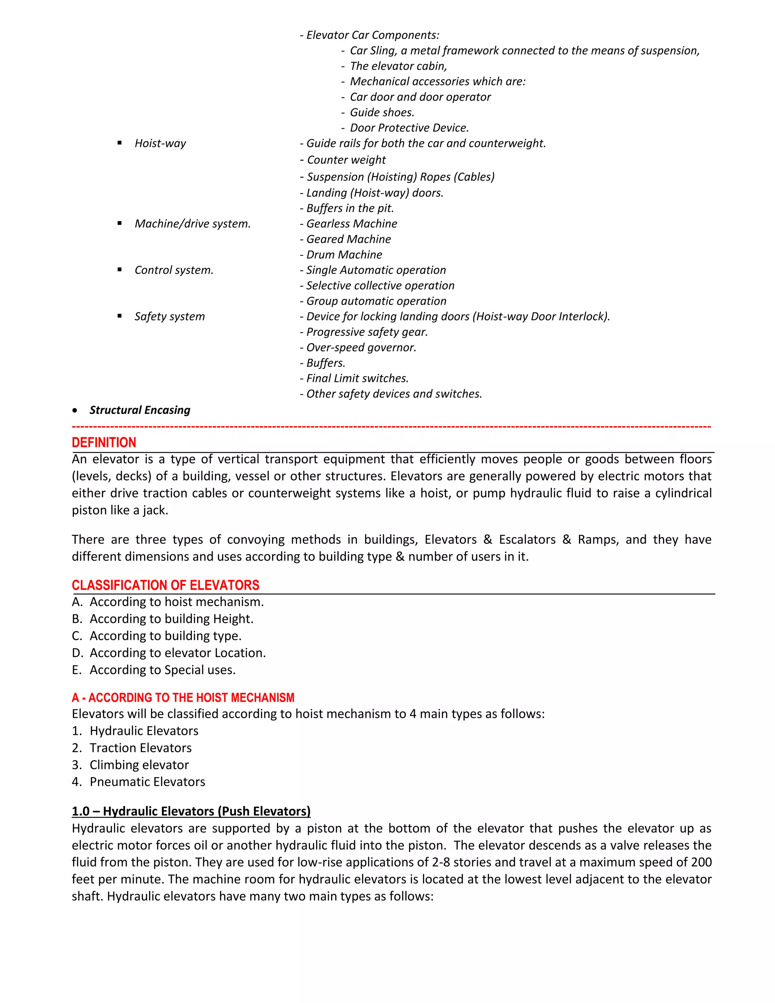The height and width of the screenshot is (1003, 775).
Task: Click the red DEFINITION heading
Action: [x=104, y=443]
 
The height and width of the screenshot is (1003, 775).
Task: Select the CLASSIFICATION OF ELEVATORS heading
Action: [x=165, y=585]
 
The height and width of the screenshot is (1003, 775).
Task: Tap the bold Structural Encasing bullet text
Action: [x=140, y=410]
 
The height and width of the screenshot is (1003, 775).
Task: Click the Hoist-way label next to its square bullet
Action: [x=160, y=143]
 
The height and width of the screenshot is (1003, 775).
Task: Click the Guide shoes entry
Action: [x=381, y=112]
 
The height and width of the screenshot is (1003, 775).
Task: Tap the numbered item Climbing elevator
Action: [x=139, y=765]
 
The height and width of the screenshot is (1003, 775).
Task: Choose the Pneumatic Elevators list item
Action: [x=147, y=782]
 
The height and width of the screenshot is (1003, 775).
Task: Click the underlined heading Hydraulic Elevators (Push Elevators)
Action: [x=191, y=811]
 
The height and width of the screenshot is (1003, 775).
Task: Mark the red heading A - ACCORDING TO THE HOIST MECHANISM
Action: [x=183, y=698]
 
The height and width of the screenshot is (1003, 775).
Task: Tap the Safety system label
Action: [x=170, y=316]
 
